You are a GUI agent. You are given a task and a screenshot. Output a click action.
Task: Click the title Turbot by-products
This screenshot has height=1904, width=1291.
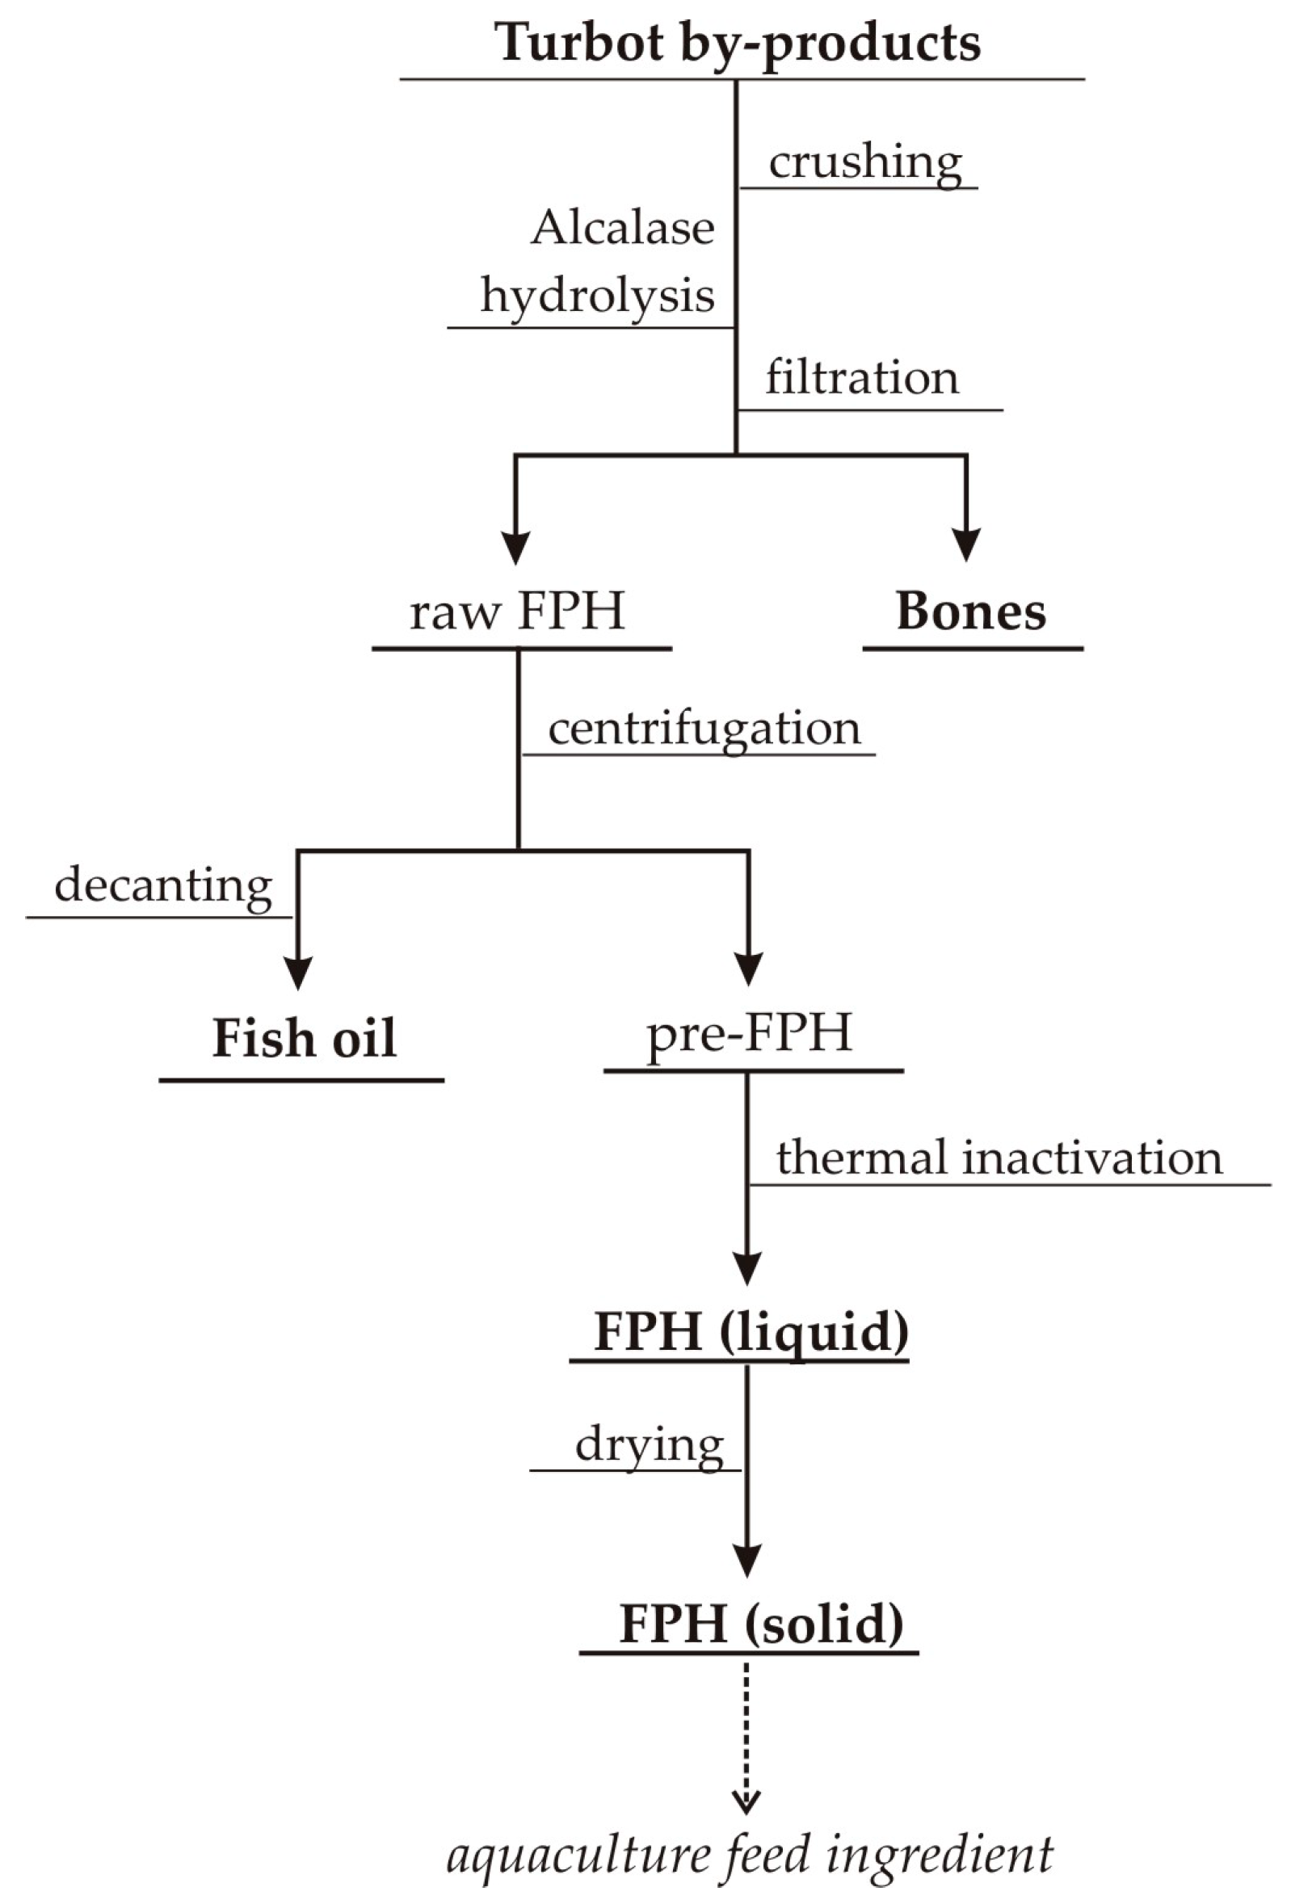click(x=738, y=43)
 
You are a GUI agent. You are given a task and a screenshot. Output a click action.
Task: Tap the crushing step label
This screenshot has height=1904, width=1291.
click(x=864, y=162)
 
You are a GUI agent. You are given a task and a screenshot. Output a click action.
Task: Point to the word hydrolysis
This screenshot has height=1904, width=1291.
click(x=597, y=295)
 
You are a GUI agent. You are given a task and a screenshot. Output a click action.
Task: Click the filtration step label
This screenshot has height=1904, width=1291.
click(x=862, y=378)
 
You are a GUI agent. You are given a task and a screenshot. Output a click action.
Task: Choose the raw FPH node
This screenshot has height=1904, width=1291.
click(x=517, y=612)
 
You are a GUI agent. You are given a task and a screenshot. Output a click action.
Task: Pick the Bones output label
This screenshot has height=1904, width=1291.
click(x=971, y=612)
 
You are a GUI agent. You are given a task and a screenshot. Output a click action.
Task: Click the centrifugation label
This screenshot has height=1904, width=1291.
click(x=704, y=729)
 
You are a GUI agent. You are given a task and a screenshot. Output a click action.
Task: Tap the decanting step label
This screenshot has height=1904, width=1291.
click(x=163, y=885)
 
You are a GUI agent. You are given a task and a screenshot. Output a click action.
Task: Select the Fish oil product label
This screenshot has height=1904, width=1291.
click(x=304, y=1039)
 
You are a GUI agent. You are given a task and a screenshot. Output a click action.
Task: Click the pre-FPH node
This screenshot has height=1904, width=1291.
click(x=750, y=1034)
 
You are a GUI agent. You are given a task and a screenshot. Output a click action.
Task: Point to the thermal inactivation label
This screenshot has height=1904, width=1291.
click(x=999, y=1158)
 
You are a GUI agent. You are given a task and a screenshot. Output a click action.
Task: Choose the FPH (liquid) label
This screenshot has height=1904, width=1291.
click(x=751, y=1331)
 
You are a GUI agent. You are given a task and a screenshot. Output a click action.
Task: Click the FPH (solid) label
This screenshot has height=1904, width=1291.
click(x=761, y=1623)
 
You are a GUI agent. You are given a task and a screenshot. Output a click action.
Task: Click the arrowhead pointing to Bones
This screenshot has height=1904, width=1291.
click(x=966, y=544)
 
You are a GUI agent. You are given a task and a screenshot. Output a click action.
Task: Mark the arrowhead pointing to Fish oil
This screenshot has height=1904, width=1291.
click(x=298, y=973)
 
